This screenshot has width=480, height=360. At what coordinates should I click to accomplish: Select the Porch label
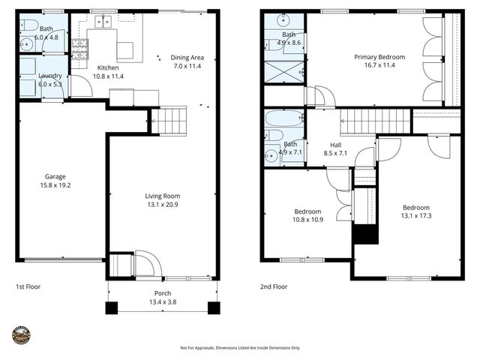point(163,293)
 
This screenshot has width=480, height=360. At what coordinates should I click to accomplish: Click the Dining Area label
point(187,57)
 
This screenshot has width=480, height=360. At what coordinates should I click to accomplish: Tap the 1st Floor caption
point(28,286)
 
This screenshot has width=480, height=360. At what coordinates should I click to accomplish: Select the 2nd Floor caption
point(274,286)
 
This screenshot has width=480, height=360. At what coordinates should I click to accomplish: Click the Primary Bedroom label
point(379,56)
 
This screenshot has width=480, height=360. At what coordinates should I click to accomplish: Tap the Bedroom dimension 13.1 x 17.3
point(415,216)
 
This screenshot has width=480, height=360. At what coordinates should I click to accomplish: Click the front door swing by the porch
point(145,264)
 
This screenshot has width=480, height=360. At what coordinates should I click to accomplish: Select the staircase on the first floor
point(169,121)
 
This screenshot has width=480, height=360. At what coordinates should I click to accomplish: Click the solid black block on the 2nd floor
point(364,233)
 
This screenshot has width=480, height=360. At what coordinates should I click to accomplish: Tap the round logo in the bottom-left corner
point(21,336)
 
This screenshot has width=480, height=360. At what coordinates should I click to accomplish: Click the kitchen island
point(124,50)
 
